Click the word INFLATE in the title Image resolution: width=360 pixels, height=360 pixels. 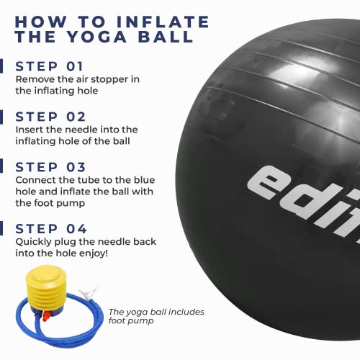click(163, 22)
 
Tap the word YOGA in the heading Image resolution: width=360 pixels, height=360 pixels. click(96, 37)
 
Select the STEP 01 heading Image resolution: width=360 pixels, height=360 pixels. click(49, 66)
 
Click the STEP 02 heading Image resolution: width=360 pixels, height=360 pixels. click(50, 117)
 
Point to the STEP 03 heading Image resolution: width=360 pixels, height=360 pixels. click(50, 167)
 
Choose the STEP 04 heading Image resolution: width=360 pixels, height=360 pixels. click(51, 229)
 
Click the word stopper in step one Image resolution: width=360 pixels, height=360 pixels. click(109, 80)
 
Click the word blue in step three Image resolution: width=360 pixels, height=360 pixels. click(144, 180)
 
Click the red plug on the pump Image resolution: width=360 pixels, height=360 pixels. click(45, 315)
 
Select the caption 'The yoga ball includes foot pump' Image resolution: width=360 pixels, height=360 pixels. click(156, 316)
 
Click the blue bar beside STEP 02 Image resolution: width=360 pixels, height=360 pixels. click(1, 117)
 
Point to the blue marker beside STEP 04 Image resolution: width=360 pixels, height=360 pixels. click(1, 228)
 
